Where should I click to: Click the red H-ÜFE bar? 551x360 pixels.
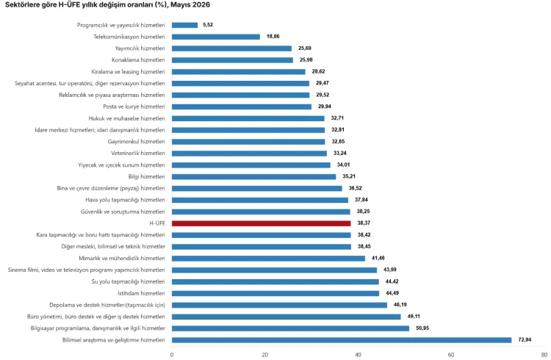point(261,223)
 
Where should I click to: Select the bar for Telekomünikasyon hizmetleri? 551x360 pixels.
point(216,37)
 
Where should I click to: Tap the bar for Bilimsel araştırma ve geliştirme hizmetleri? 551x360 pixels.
point(342,340)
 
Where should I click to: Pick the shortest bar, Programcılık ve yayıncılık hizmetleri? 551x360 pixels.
point(185,25)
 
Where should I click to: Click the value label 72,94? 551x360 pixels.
point(525,339)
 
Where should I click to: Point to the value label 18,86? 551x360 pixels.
point(273,36)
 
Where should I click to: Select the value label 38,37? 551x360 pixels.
point(364,223)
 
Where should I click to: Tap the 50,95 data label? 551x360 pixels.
point(422,328)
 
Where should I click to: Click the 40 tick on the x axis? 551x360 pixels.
point(358,355)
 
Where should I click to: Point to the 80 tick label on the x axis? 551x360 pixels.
point(544,355)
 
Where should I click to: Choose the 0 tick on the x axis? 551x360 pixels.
point(172,355)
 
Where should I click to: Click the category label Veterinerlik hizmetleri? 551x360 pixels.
point(138,154)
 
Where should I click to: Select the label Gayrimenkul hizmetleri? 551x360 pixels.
point(137,142)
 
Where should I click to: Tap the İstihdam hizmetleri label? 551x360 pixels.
point(141,293)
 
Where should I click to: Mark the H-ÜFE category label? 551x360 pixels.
point(157,223)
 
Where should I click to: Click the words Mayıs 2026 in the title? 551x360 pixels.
point(190,4)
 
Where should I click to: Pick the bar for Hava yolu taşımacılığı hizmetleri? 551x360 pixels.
point(260,200)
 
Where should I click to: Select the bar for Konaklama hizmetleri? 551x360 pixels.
point(232,60)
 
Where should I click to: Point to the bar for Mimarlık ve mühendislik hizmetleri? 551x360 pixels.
point(268,259)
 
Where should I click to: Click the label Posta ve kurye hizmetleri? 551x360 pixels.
point(134,107)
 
